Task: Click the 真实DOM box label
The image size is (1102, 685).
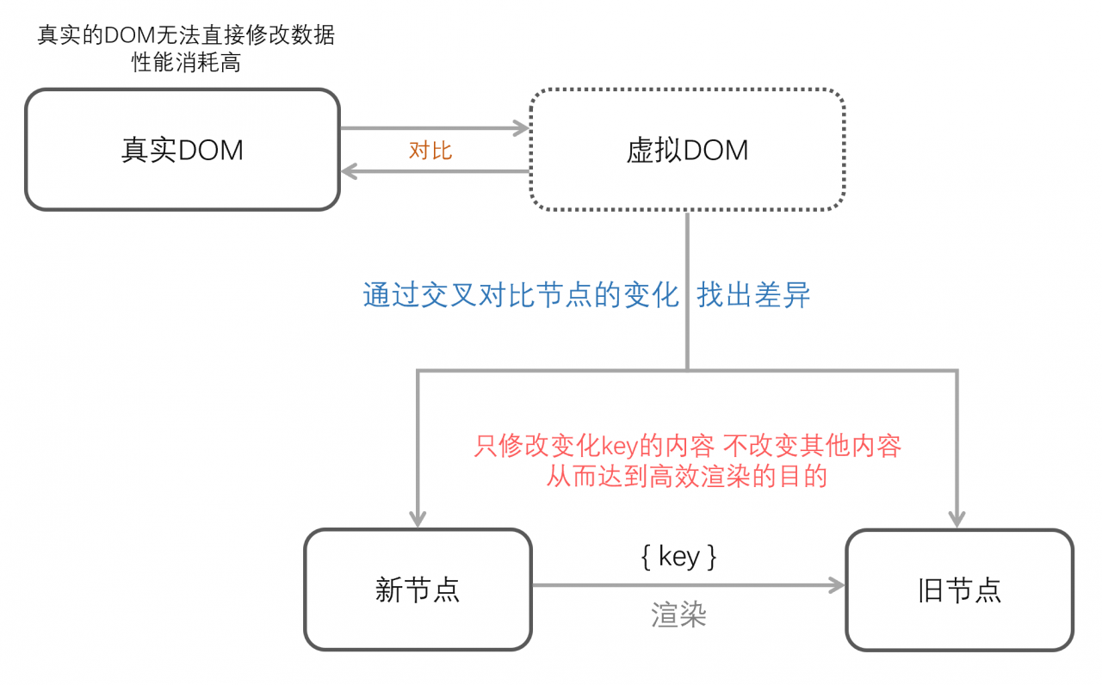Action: tap(183, 151)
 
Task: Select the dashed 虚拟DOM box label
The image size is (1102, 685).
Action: tap(687, 151)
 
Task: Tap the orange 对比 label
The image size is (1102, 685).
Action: tap(430, 151)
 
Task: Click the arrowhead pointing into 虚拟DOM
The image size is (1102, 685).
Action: tap(521, 128)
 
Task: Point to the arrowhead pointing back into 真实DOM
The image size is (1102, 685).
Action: tap(350, 171)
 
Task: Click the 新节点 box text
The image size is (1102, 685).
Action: tap(418, 590)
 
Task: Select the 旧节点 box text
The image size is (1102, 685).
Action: tap(959, 590)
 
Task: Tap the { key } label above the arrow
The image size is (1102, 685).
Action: tap(678, 557)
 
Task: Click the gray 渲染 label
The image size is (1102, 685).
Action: tap(678, 614)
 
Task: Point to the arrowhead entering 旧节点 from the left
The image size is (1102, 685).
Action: tap(836, 586)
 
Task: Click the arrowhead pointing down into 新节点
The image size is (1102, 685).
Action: tap(418, 519)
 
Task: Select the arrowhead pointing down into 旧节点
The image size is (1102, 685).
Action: tap(957, 519)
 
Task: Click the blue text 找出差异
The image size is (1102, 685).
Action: tap(754, 295)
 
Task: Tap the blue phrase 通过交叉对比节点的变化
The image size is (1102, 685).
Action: tap(521, 295)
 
